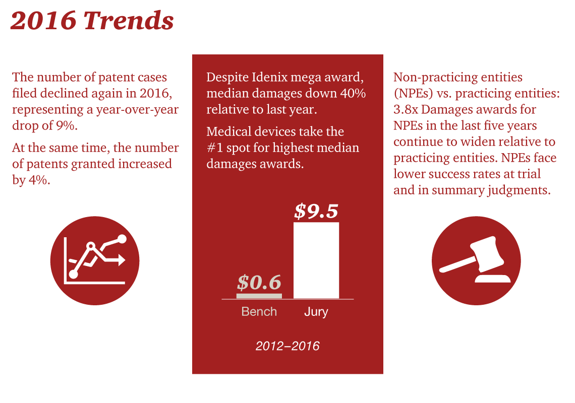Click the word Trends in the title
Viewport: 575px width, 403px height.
tap(129, 21)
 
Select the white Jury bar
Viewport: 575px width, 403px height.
tap(316, 260)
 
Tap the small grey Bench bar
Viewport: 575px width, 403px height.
tap(259, 296)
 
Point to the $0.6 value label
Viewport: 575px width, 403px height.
tap(259, 283)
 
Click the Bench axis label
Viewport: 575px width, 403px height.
tap(259, 312)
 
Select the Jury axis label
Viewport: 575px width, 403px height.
tap(316, 312)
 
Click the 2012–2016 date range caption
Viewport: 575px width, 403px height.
tap(287, 346)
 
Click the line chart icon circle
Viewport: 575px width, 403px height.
tap(95, 260)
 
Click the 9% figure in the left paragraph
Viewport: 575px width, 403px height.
tap(66, 126)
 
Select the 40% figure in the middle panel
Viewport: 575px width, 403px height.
tap(352, 94)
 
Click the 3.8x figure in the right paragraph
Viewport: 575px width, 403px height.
tap(408, 110)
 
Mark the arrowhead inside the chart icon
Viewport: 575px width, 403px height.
tap(122, 260)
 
